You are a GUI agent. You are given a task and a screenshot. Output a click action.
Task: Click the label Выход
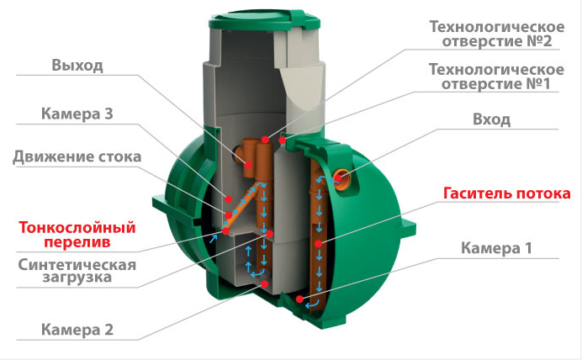(77, 65)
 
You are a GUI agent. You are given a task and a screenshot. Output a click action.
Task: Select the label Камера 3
(77, 114)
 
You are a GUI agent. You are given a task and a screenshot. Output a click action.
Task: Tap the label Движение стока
(77, 156)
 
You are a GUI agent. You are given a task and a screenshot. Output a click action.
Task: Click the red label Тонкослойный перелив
(77, 234)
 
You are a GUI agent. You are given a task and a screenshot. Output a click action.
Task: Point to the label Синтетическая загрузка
(77, 271)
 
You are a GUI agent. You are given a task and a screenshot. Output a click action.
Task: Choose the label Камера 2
(77, 330)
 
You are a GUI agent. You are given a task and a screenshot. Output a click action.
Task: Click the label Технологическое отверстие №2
(497, 34)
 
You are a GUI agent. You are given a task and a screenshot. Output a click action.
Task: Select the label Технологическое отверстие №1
(496, 77)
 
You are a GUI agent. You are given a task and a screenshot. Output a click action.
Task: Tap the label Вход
(491, 119)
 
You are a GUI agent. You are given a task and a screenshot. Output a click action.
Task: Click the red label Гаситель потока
(506, 193)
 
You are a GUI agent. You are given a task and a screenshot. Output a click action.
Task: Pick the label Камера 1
(496, 248)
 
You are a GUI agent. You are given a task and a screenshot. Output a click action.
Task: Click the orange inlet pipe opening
(341, 178)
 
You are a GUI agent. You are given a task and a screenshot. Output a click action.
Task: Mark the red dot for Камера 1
(299, 299)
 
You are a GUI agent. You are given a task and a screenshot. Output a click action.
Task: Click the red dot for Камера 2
(265, 284)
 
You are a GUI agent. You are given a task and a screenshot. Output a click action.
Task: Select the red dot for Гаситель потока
(318, 243)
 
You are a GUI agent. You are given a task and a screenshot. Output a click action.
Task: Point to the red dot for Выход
(248, 165)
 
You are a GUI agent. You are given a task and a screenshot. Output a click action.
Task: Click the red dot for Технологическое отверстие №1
(283, 140)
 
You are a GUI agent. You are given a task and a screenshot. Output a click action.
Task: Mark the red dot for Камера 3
(229, 199)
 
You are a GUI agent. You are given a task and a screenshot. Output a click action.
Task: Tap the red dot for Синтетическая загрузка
(269, 234)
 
